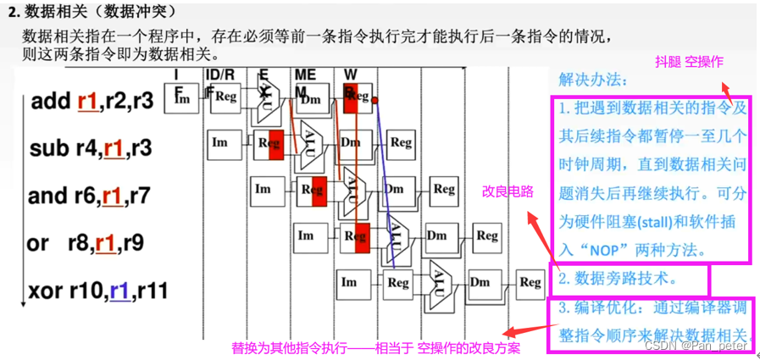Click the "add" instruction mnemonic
click(50, 102)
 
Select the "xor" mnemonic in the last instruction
click(47, 292)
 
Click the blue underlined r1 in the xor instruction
click(119, 292)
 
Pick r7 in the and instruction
click(140, 197)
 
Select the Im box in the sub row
click(220, 142)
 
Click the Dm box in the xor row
click(480, 282)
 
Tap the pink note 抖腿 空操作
click(689, 62)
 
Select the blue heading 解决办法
click(593, 80)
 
